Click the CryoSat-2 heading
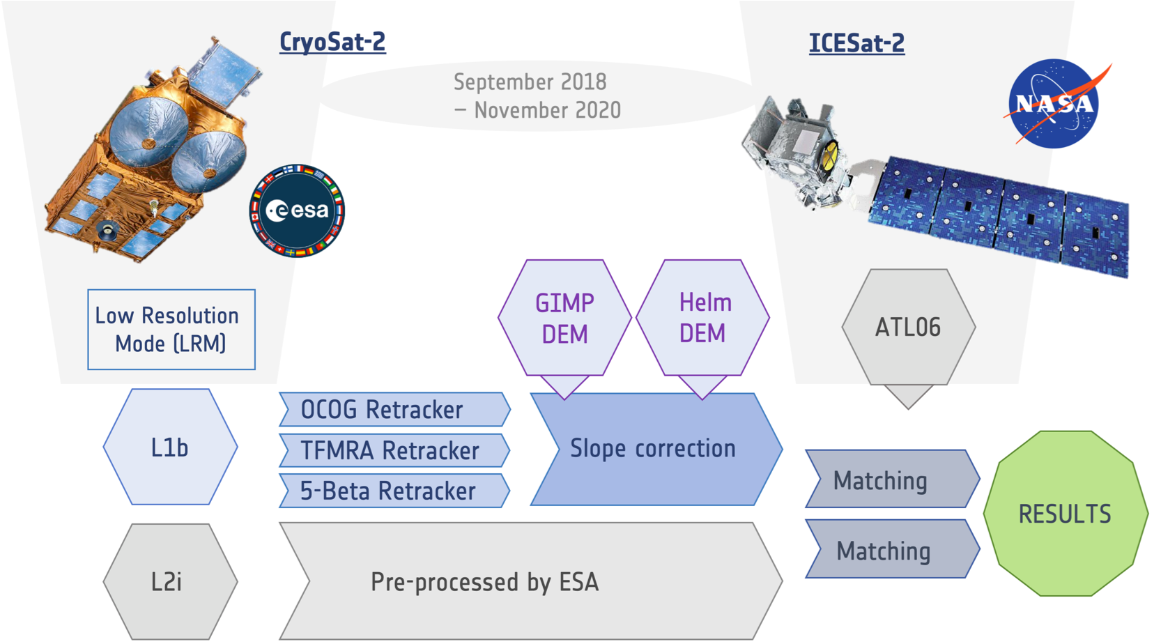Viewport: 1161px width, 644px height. point(332,43)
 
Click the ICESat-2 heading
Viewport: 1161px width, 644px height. point(856,43)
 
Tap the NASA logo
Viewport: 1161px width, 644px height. point(1054,104)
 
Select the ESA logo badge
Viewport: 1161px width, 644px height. point(298,210)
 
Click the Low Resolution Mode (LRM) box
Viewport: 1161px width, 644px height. point(171,330)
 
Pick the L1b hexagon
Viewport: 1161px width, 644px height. point(170,447)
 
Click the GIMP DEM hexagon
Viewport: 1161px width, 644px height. point(564,319)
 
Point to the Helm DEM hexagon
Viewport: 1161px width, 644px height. point(703,318)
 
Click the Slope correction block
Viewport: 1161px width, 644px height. point(654,449)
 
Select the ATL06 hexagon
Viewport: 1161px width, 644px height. point(908,327)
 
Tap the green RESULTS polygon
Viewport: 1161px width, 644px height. point(1065,514)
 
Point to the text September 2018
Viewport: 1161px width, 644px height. point(530,82)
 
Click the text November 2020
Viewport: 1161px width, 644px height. point(546,110)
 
